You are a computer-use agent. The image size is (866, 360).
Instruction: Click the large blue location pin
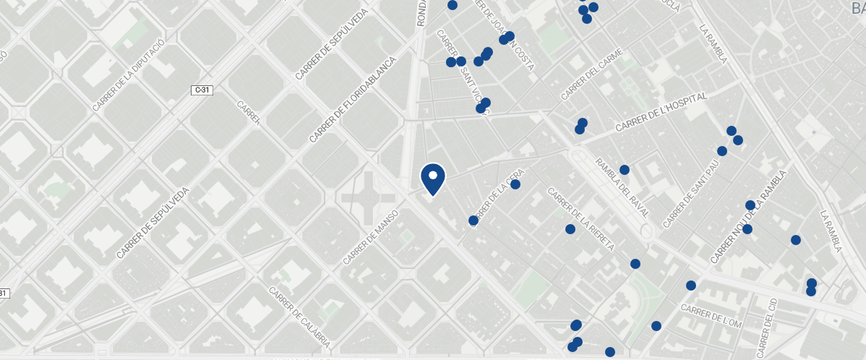tap(432, 179)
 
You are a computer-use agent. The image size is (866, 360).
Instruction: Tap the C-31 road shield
tap(202, 90)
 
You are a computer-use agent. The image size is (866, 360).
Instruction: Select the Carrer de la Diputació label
tap(129, 74)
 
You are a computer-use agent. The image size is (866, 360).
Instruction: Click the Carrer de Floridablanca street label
tap(353, 99)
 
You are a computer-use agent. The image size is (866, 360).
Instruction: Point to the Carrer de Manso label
tap(371, 237)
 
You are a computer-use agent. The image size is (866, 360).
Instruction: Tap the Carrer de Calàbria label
tap(299, 317)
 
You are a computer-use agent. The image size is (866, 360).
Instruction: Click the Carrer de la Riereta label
tap(580, 220)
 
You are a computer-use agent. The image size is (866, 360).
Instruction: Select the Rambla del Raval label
tap(621, 188)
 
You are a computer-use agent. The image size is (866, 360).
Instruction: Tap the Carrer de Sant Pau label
tap(692, 191)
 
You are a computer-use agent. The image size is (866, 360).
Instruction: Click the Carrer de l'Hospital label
tap(660, 112)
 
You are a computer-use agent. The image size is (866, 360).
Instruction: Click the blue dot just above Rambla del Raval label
tap(625, 170)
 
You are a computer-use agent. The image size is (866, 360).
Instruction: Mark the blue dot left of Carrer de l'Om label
tap(656, 326)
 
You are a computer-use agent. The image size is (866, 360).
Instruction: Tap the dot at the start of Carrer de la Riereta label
tap(570, 229)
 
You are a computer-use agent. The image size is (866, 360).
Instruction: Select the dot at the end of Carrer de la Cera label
tap(515, 184)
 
